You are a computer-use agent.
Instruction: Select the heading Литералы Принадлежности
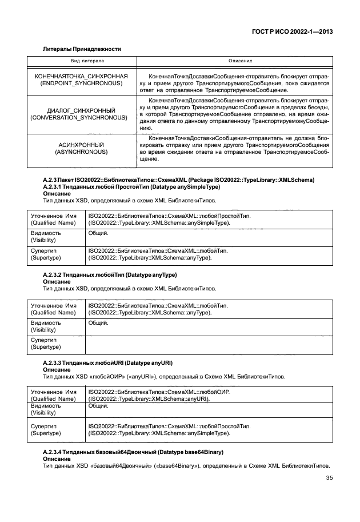pos(82,50)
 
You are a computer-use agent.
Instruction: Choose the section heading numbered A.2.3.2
pos(110,275)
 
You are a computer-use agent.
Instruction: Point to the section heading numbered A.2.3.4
pos(133,452)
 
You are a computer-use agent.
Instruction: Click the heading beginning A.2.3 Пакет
pos(178,181)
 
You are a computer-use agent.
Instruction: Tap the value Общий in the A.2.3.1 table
pos(97,233)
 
